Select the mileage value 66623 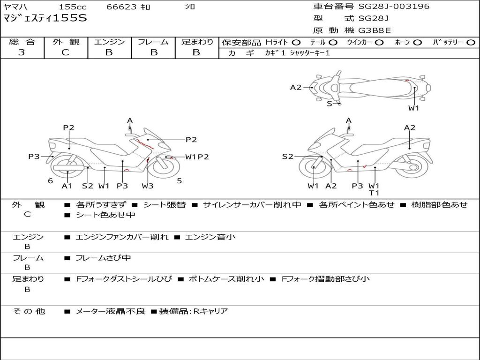click(x=121, y=7)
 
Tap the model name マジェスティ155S click(x=45, y=19)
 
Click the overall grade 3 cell click(x=22, y=52)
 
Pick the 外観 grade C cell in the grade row click(x=65, y=52)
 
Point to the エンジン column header click(x=109, y=42)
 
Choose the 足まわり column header click(x=197, y=42)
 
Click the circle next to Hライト click(x=296, y=43)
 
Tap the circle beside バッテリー click(x=471, y=43)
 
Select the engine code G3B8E click(x=375, y=30)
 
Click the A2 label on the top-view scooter click(x=296, y=87)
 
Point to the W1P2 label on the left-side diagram click(x=197, y=157)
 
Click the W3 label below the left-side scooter click(x=148, y=186)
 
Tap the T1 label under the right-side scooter click(x=374, y=193)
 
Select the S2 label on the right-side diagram click(x=287, y=157)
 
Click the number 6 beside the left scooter click(x=50, y=180)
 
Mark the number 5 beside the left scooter click(x=179, y=180)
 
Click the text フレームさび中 click(x=103, y=258)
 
